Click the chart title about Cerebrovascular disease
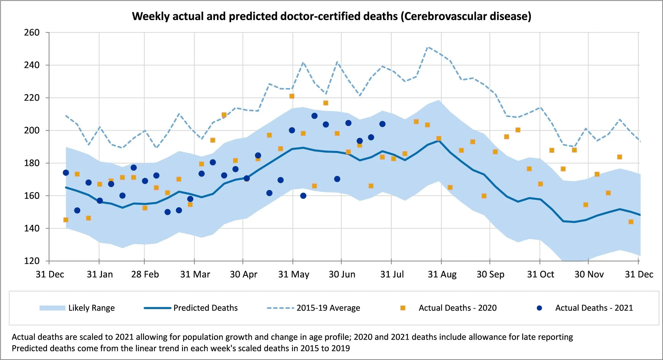click(x=331, y=16)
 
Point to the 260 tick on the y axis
click(x=32, y=33)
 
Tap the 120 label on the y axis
click(x=32, y=261)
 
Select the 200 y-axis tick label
click(x=32, y=130)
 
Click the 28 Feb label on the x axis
click(x=145, y=275)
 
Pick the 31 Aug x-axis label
click(x=442, y=275)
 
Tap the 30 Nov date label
click(x=589, y=275)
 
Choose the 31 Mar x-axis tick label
click(x=195, y=275)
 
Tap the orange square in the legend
click(x=403, y=308)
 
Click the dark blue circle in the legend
click(x=539, y=308)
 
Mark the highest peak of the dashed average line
click(x=428, y=47)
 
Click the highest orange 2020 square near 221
click(x=292, y=96)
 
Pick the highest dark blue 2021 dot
click(x=314, y=116)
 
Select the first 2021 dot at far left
click(x=66, y=173)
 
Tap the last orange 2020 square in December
click(x=631, y=222)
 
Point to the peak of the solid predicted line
click(x=439, y=141)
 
